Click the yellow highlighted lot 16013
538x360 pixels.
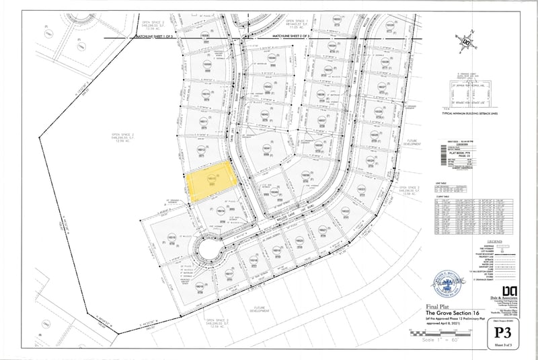[x=211, y=183]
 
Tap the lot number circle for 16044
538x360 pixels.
[x=272, y=59]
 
